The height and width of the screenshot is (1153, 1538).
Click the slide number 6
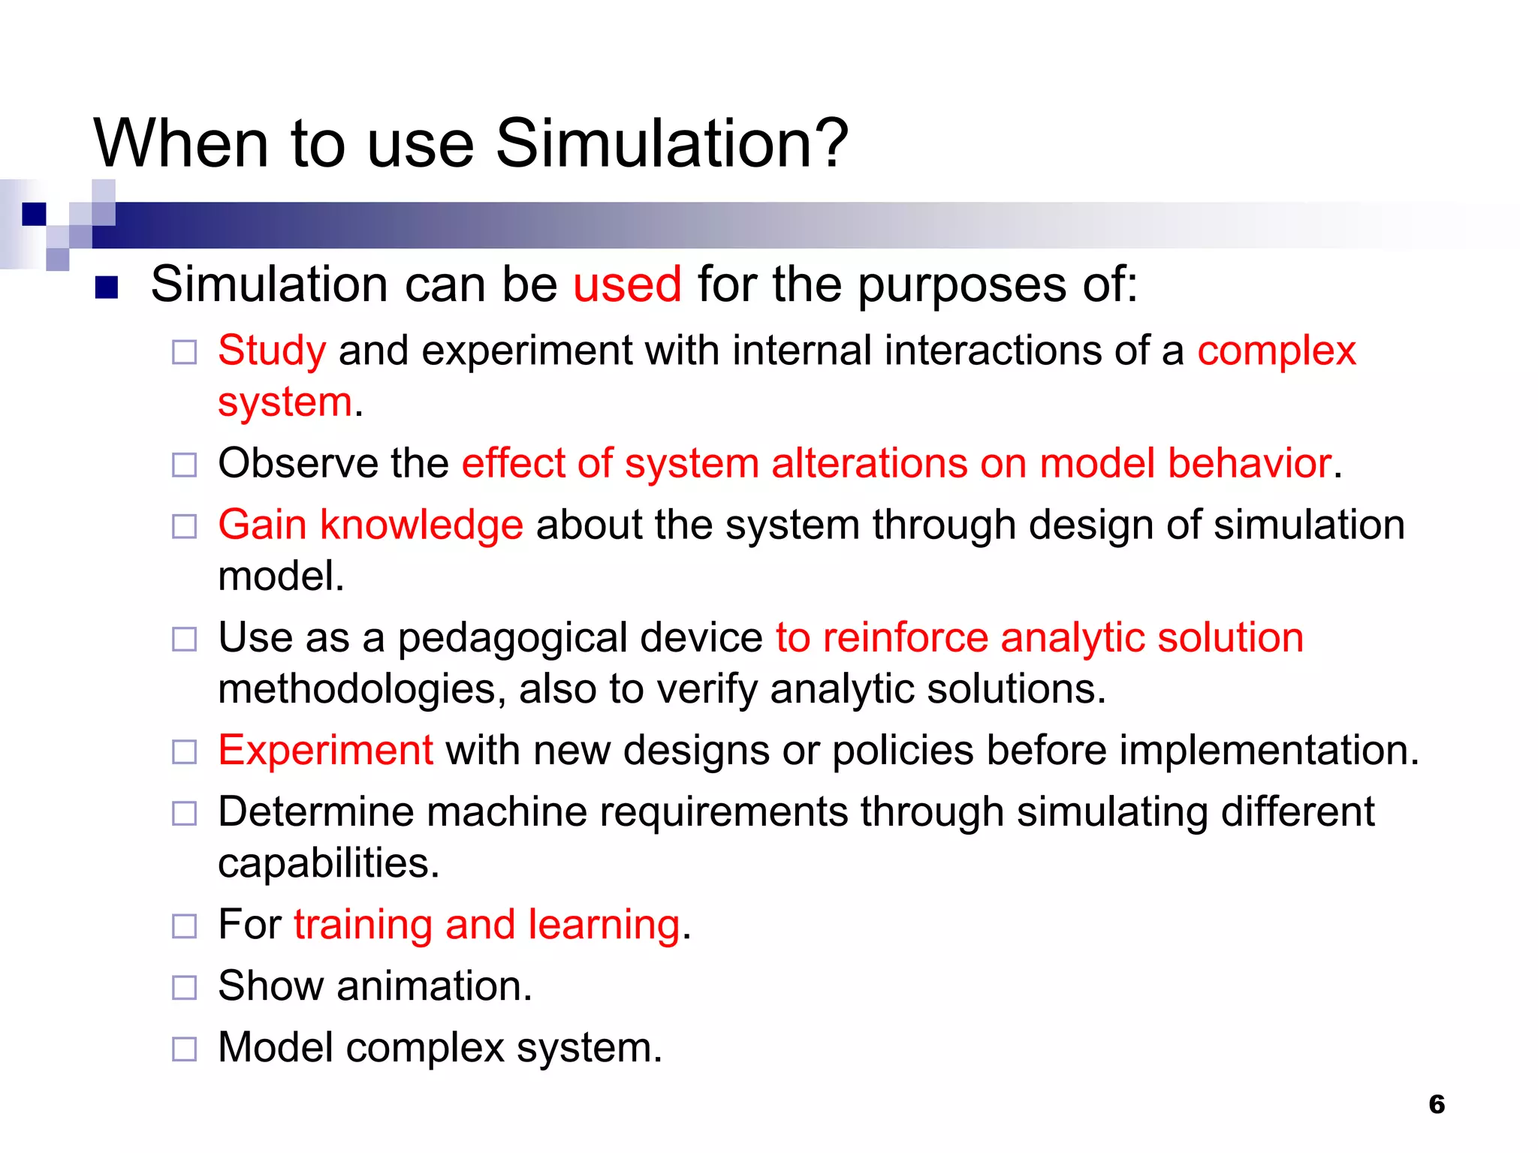(1436, 1104)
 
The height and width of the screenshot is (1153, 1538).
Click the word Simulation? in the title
(672, 143)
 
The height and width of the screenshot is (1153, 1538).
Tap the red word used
(627, 284)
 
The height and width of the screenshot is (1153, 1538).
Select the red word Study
(272, 351)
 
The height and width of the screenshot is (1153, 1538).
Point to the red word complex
(1276, 351)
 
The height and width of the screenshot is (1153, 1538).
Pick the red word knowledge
(421, 525)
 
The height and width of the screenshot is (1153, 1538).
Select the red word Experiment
(325, 750)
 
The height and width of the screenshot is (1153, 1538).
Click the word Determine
(315, 812)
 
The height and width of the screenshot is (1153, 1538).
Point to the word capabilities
(327, 863)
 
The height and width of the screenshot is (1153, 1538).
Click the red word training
(363, 925)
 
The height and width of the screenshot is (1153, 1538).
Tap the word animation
(433, 986)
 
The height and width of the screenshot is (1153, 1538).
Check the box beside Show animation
(184, 987)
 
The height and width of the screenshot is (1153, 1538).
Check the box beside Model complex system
(184, 1049)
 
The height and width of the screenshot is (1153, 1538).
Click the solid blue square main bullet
(107, 287)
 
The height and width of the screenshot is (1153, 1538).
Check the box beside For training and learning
(184, 926)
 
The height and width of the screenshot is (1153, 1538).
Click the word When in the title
(181, 143)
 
